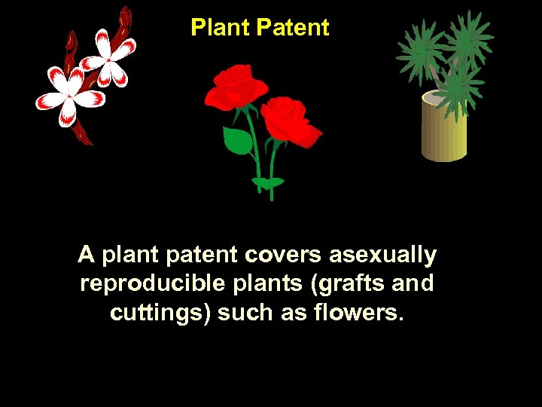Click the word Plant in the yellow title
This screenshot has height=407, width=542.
click(220, 28)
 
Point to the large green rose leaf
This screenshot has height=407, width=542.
click(237, 140)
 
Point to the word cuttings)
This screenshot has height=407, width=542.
click(160, 312)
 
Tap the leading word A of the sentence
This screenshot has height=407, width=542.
click(86, 256)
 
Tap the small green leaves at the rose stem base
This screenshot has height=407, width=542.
click(268, 182)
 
